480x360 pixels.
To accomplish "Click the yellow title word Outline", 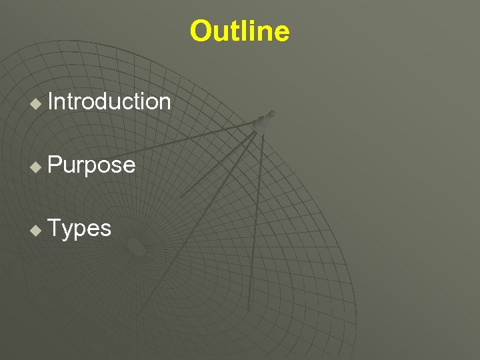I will (x=239, y=31).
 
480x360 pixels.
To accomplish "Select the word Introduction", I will (x=109, y=101).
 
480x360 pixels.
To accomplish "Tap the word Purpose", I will (x=91, y=165).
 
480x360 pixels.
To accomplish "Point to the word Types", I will (x=79, y=228).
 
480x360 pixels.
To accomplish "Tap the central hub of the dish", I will (x=136, y=247).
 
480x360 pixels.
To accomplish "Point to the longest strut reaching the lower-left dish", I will (x=197, y=220).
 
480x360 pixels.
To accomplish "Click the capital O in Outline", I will (x=200, y=31).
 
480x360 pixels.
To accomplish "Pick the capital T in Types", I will (x=55, y=228).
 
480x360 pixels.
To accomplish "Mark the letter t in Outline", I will (x=232, y=31).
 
